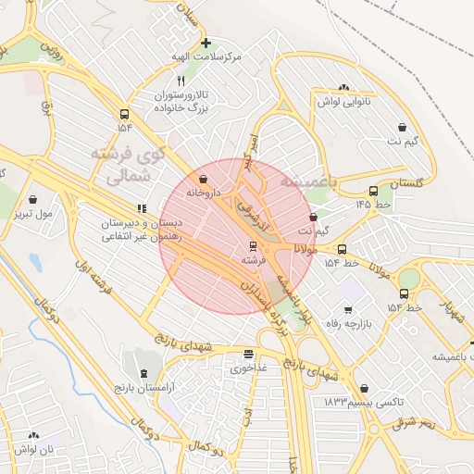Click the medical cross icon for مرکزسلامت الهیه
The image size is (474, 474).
206,43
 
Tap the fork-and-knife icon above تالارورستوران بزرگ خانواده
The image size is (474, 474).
181,81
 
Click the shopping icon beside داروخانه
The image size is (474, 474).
204,178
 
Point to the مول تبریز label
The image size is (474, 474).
33,213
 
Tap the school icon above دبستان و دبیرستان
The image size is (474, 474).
142,208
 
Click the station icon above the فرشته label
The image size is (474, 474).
253,246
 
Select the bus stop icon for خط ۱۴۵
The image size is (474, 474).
373,192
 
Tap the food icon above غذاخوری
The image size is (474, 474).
248,353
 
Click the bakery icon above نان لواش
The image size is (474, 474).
34,434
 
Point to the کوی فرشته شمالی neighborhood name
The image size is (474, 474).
125,162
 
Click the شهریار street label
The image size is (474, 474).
448,313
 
